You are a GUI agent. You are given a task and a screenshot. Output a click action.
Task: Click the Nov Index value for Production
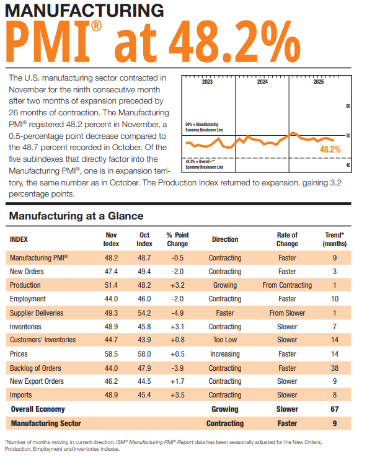click(111, 285)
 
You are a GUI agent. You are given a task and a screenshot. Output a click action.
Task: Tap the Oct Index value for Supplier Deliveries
click(144, 313)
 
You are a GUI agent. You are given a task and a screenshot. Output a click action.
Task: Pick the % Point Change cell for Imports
click(177, 395)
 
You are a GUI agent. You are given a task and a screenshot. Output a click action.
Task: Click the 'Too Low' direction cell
click(225, 340)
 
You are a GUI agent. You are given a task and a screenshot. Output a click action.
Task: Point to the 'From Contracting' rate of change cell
click(287, 285)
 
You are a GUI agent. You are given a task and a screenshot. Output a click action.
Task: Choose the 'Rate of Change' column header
click(287, 239)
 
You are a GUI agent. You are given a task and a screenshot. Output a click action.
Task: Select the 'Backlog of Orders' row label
click(35, 368)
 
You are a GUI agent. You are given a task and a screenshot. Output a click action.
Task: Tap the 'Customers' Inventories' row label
click(43, 340)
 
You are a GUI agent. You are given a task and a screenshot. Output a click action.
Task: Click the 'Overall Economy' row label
click(38, 409)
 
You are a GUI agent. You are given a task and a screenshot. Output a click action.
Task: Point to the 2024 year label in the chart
click(262, 82)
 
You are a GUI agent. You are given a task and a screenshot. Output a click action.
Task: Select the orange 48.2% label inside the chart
click(330, 149)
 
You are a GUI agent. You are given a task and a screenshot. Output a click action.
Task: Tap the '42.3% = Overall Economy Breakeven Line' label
click(204, 164)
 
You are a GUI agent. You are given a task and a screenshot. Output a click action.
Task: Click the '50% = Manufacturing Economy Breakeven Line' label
click(205, 127)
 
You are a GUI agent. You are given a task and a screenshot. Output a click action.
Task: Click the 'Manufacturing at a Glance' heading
click(76, 216)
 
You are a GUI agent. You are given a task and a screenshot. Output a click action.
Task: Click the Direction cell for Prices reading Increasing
click(225, 354)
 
